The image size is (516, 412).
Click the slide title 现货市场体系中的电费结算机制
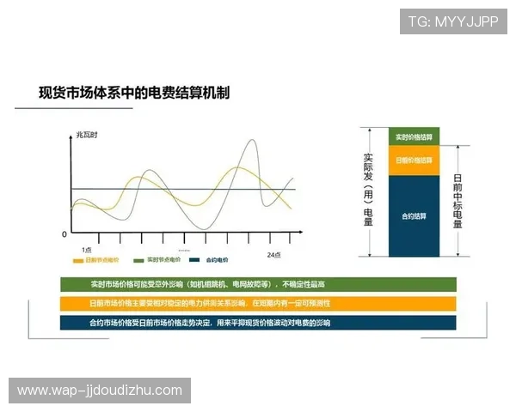[134, 92]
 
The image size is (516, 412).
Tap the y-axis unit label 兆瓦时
[87, 136]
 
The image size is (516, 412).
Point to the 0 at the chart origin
[64, 233]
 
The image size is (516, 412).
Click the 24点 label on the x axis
[273, 255]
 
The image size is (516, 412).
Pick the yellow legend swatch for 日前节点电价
[78, 260]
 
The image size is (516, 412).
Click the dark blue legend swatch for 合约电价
[195, 260]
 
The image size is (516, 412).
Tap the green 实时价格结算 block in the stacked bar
[413, 137]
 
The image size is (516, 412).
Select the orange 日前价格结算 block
[413, 161]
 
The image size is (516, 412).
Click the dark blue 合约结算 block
[413, 215]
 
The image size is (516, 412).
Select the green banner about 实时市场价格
[258, 284]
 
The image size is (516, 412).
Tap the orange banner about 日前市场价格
[258, 303]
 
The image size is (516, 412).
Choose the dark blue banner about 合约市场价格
[258, 323]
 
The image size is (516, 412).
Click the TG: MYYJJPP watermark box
[453, 21]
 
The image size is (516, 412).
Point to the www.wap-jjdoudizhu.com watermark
[100, 391]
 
